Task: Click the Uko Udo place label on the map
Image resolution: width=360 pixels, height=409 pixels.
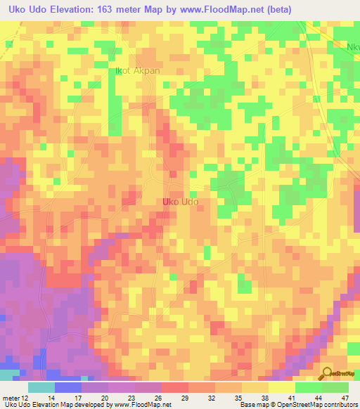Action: tap(180, 202)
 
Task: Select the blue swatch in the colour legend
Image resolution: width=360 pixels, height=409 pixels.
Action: tap(67, 387)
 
